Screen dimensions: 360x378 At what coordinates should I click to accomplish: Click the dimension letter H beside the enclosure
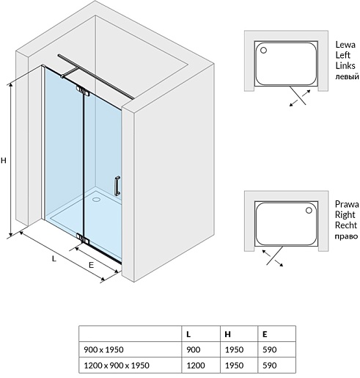point(4,161)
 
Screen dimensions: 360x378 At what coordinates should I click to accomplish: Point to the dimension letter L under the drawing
point(54,258)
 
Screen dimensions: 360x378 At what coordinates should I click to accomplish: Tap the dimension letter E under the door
point(91,265)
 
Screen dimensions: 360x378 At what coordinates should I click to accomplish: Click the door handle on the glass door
point(117,186)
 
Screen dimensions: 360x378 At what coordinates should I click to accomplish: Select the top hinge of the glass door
point(83,91)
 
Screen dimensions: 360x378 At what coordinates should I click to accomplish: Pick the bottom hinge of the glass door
point(83,239)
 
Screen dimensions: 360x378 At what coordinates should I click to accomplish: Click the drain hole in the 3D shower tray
point(96,199)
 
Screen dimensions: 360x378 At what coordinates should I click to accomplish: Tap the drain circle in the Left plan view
point(263,51)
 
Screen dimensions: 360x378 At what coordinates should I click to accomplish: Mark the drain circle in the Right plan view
point(309,210)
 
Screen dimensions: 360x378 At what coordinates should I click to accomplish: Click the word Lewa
point(345,45)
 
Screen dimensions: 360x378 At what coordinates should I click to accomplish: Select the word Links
point(345,65)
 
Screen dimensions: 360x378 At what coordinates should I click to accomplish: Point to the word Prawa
point(347,204)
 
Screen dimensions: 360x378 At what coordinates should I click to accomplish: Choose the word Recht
point(346,225)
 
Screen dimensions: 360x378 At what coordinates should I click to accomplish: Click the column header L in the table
point(188,334)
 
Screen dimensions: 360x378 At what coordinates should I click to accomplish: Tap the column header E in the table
point(265,334)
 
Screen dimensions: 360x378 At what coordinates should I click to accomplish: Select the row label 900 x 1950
point(103,349)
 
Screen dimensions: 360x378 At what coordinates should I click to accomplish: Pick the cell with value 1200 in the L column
point(196,366)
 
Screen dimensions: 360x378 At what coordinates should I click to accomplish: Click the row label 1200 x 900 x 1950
point(117,366)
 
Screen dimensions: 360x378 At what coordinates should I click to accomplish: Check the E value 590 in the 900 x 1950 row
point(270,349)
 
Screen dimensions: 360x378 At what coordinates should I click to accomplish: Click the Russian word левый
point(347,76)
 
